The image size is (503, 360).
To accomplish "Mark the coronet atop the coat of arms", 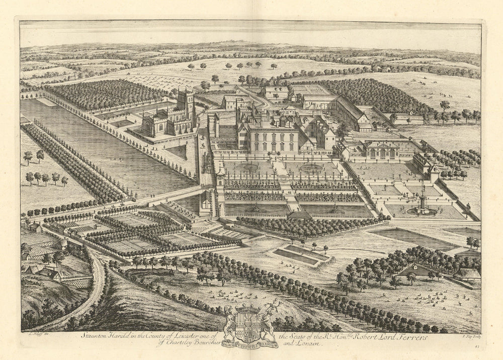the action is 249,306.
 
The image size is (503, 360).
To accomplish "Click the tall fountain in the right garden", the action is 423,201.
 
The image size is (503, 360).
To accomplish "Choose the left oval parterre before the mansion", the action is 248,167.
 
